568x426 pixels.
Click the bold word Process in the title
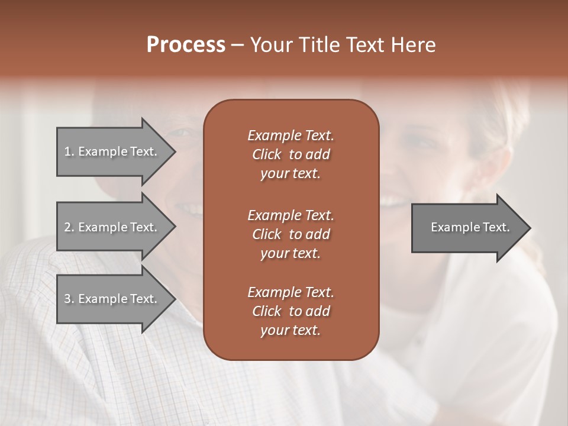[186, 45]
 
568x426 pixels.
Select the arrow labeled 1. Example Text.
[112, 151]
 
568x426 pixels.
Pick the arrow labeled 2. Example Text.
[112, 227]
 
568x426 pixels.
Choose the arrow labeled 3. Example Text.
[112, 299]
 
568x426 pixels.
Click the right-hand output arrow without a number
[467, 227]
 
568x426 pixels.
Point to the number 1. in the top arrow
[69, 151]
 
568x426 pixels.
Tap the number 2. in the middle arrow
[69, 227]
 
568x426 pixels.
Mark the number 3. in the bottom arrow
[69, 299]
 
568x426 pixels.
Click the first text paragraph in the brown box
[291, 154]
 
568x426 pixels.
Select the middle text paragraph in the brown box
[291, 234]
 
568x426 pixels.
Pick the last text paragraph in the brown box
[291, 311]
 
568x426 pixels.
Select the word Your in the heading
[271, 45]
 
